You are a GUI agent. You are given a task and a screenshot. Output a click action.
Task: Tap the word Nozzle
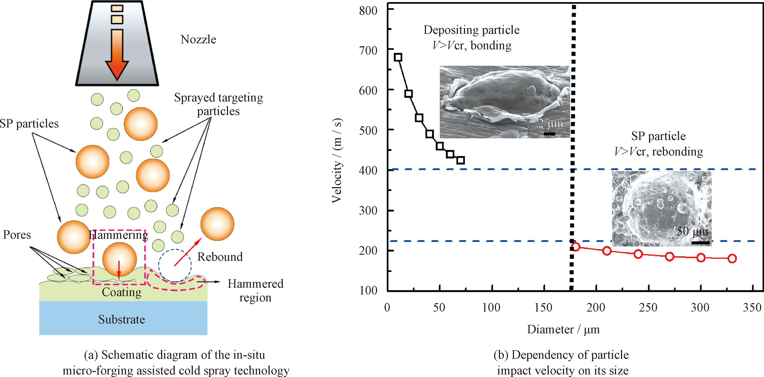click(x=198, y=39)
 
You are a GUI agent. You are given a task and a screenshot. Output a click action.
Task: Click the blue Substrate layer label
click(x=122, y=320)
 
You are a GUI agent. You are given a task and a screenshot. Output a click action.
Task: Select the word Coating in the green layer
click(x=122, y=292)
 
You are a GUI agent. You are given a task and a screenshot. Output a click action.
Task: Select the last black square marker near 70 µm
click(x=461, y=160)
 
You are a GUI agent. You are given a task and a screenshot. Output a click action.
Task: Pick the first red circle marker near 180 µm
click(x=576, y=247)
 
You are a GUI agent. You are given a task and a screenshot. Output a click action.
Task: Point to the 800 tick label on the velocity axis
click(x=368, y=11)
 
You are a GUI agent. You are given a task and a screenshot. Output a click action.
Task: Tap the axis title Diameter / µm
click(x=563, y=330)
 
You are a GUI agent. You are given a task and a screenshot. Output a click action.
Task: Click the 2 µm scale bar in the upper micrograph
click(x=549, y=134)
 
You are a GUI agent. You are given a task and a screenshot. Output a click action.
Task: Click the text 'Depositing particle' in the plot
click(x=471, y=30)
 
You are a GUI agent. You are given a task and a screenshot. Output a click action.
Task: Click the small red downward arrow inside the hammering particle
click(x=119, y=270)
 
